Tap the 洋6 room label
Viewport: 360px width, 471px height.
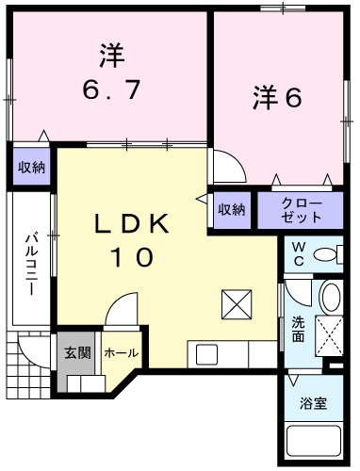275,97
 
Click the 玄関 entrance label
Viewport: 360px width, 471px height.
76,353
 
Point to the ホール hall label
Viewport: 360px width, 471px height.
120,353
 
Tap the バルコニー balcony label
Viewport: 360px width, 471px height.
30,263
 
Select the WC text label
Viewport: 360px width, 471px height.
297,252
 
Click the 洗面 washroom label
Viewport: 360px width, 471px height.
298,328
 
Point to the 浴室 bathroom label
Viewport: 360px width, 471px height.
315,402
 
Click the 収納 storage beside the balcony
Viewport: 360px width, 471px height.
31,168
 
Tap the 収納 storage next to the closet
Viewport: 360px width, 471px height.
232,209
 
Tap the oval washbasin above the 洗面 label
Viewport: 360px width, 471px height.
329,298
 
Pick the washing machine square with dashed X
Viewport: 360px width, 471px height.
330,334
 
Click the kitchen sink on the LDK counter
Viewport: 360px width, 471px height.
206,355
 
